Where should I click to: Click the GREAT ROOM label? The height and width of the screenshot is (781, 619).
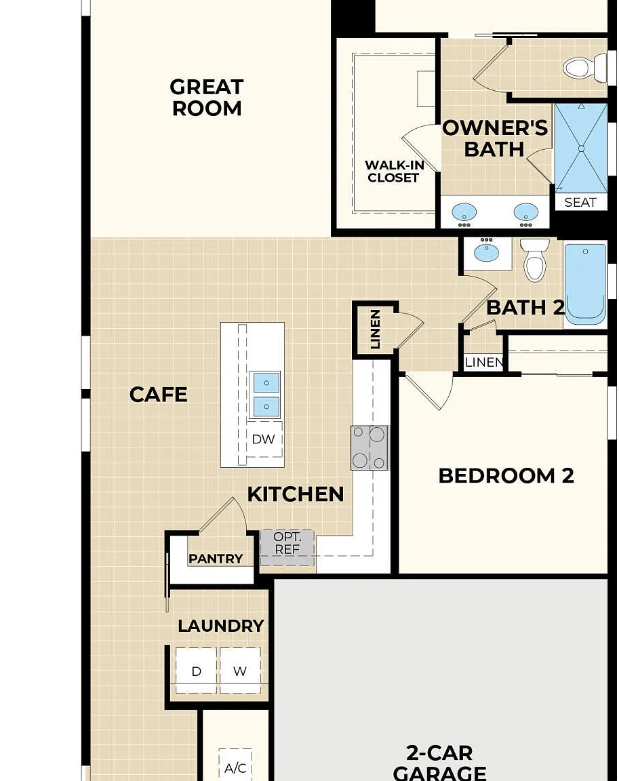click(207, 98)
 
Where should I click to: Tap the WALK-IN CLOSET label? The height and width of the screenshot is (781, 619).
click(394, 172)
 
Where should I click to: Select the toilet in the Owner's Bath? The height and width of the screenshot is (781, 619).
click(584, 67)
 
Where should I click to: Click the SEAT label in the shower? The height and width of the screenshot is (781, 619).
click(580, 202)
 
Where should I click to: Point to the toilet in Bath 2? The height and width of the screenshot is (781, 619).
click(535, 259)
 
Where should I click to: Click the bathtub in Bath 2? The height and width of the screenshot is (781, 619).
click(585, 284)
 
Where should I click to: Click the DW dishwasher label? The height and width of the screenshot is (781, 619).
click(263, 439)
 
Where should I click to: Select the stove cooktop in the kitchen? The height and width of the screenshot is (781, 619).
click(370, 447)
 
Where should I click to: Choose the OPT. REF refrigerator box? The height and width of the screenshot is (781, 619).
click(287, 547)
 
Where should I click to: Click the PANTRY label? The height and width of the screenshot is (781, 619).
click(216, 559)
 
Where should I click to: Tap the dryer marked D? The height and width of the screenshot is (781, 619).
click(196, 670)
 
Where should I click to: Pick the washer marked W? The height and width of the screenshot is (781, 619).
click(240, 670)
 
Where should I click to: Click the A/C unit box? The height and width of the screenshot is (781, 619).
click(235, 765)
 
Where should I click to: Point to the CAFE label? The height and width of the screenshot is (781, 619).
click(159, 395)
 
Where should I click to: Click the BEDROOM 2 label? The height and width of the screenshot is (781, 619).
click(506, 476)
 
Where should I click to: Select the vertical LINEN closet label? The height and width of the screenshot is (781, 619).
click(376, 329)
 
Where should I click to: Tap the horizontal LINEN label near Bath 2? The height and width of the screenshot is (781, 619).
click(483, 362)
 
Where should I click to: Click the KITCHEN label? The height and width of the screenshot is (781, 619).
click(296, 494)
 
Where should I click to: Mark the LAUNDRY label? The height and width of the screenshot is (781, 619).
click(221, 626)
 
